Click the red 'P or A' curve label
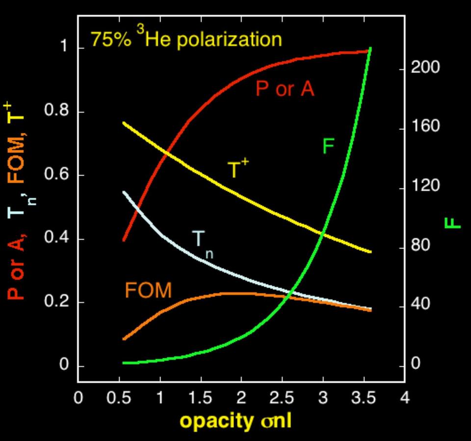(x=285, y=89)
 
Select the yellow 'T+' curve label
(x=238, y=169)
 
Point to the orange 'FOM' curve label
(x=148, y=291)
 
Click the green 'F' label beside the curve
(x=328, y=146)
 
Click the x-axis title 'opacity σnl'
(x=235, y=421)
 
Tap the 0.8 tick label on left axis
(x=58, y=111)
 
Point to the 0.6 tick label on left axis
(x=58, y=175)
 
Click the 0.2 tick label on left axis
(x=58, y=302)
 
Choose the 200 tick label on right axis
(x=425, y=68)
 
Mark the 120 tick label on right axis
(x=425, y=187)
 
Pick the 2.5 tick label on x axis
(x=282, y=397)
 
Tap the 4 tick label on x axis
(x=404, y=397)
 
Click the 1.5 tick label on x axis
(x=200, y=397)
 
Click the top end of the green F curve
(x=369, y=48)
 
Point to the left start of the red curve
(x=124, y=240)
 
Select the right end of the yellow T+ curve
(x=370, y=252)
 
